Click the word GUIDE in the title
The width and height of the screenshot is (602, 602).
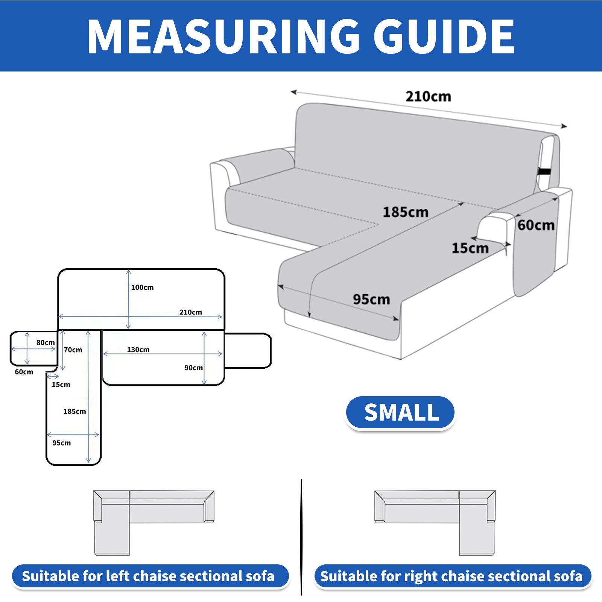pyautogui.click(x=444, y=36)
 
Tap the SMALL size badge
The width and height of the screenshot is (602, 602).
pyautogui.click(x=400, y=412)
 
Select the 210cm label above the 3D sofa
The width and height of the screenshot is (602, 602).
pyautogui.click(x=428, y=97)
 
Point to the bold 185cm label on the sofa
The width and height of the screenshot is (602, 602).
pyautogui.click(x=406, y=212)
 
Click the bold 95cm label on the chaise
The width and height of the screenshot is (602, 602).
pyautogui.click(x=371, y=299)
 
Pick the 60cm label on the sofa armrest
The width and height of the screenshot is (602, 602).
pyautogui.click(x=536, y=225)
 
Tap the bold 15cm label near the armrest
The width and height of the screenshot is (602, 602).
pyautogui.click(x=470, y=248)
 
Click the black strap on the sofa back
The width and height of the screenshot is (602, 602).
pyautogui.click(x=544, y=172)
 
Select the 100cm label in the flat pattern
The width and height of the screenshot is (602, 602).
pyautogui.click(x=142, y=287)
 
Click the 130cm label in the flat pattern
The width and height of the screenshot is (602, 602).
pyautogui.click(x=138, y=350)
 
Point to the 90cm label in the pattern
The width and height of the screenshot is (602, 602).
pyautogui.click(x=193, y=368)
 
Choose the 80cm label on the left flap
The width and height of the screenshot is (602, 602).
pyautogui.click(x=46, y=342)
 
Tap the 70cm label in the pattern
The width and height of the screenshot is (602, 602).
pyautogui.click(x=73, y=350)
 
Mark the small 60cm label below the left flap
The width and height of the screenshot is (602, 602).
pyautogui.click(x=24, y=372)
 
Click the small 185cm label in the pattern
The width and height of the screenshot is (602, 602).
pyautogui.click(x=74, y=412)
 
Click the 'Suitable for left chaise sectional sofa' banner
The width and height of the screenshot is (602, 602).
pyautogui.click(x=150, y=576)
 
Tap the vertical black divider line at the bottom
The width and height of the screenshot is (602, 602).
pyautogui.click(x=301, y=537)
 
